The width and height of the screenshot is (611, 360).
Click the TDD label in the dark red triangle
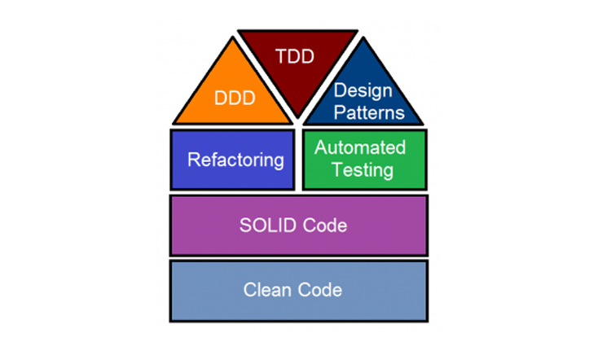point(297,57)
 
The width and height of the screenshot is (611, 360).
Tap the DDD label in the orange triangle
point(235,98)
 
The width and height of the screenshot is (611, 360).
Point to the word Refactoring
point(235,160)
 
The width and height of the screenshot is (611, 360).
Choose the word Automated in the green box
point(360,147)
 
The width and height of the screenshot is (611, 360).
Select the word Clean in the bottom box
point(267,289)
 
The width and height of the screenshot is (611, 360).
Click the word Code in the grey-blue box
point(321,289)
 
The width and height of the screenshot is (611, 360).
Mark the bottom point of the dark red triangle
point(297,119)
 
